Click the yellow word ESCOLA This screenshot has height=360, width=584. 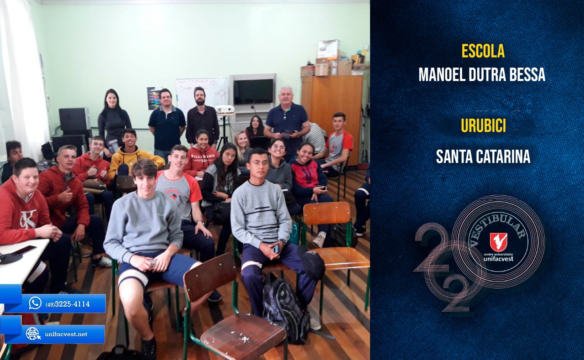click(x=483, y=51)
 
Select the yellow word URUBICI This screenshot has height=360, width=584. click(x=483, y=126)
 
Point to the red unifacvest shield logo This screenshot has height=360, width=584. click(x=499, y=242)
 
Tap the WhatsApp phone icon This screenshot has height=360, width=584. click(x=35, y=303)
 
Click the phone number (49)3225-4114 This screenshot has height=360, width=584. click(x=68, y=304)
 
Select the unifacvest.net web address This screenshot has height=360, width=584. click(x=66, y=334)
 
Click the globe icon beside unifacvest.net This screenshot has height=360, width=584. click(x=33, y=334)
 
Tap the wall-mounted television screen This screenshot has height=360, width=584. click(x=253, y=92)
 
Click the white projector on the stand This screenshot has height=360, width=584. click(x=224, y=109)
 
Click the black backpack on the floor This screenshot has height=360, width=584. click(x=286, y=310)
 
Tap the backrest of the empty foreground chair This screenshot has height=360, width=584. click(x=210, y=277)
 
